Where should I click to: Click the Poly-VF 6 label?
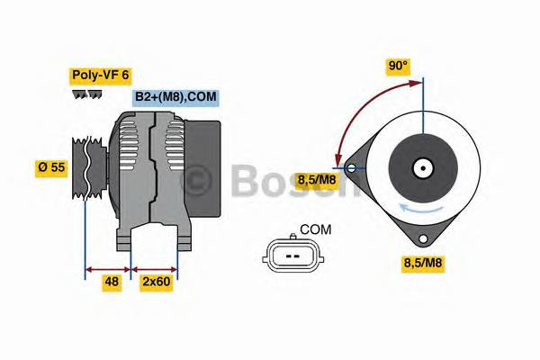tap(100, 76)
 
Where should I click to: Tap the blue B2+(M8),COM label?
tap(175, 97)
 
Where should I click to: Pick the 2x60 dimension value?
tap(156, 281)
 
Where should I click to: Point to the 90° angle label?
tap(398, 66)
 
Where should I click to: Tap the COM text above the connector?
tap(315, 230)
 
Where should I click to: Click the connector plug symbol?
tap(291, 256)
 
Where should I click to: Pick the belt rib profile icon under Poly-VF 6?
tap(86, 94)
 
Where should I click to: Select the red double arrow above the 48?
tap(107, 267)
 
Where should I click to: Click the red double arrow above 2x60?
tap(155, 267)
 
